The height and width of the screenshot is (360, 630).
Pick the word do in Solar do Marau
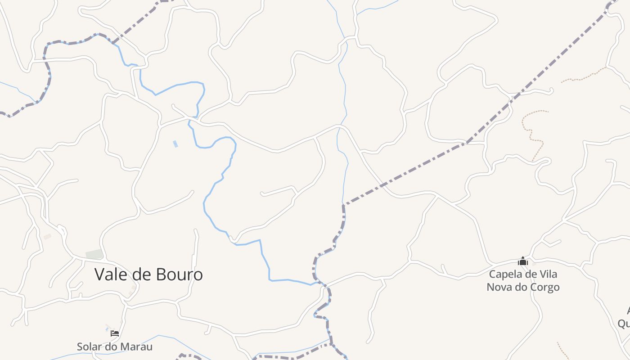112,346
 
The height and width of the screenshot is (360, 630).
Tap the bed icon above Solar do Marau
115,333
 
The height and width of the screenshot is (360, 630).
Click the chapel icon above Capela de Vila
522,261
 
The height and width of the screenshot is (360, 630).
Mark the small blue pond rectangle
175,144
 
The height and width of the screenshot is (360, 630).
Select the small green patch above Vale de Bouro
94,254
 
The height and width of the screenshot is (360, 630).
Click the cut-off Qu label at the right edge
624,323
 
